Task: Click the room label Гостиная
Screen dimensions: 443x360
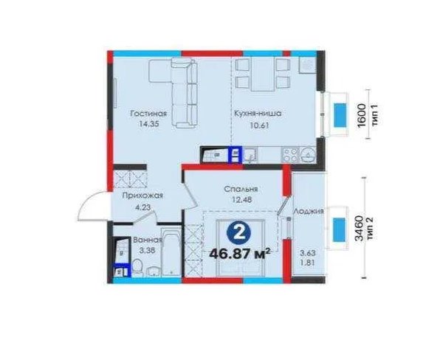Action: (148, 114)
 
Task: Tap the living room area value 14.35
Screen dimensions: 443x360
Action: (149, 124)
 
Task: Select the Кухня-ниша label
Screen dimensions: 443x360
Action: (258, 114)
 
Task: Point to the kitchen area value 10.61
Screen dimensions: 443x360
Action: (259, 125)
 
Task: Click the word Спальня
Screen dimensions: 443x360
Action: (241, 189)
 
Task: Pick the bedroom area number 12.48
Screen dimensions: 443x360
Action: (241, 200)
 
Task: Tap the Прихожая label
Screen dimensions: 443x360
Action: (142, 195)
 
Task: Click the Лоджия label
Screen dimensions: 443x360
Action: (309, 212)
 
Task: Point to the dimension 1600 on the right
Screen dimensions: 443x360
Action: (362, 115)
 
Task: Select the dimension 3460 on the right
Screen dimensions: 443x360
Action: (359, 228)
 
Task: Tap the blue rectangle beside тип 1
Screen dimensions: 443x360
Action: (340, 115)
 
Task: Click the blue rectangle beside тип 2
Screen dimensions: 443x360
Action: (339, 230)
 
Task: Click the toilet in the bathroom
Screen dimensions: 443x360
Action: (137, 267)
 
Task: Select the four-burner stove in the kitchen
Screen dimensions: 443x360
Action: (290, 155)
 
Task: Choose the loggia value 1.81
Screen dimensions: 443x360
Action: (308, 263)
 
